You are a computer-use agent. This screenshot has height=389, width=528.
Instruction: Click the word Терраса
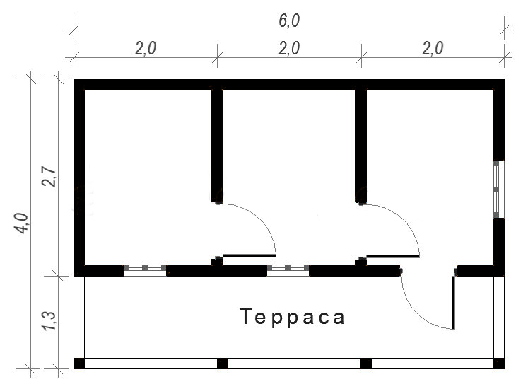point(293,317)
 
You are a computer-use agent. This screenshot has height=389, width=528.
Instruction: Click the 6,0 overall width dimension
point(289,21)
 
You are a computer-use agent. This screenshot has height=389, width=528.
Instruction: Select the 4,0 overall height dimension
point(21,223)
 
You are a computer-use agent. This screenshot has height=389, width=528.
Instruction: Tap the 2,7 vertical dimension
point(49,176)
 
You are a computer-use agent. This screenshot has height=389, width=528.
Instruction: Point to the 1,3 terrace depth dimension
point(49,320)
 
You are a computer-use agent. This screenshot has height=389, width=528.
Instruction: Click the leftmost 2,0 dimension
point(146,49)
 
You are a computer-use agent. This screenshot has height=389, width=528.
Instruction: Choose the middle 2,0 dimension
point(289,49)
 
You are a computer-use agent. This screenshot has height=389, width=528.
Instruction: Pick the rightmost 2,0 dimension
point(433,49)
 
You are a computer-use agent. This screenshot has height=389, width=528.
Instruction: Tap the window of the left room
point(145,270)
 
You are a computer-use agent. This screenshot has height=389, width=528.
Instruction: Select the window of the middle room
point(288,270)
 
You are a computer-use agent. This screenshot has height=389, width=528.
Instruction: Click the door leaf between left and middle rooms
point(250,255)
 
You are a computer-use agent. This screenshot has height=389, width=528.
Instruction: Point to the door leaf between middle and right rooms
point(393,256)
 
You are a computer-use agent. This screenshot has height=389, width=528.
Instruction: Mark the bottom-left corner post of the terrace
point(79,364)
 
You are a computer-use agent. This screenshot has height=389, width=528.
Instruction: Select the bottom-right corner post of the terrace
point(499,364)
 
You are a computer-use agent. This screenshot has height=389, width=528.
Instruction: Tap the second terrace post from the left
point(222,364)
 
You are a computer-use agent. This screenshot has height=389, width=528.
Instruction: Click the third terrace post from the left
point(366,364)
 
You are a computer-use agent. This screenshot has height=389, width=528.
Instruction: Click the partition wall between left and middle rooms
point(217,146)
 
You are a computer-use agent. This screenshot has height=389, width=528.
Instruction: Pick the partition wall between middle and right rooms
point(360,146)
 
